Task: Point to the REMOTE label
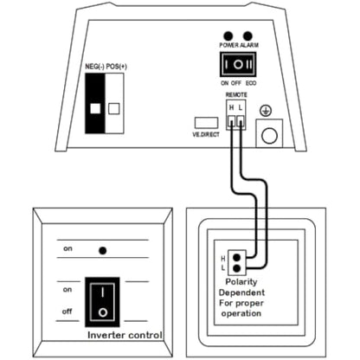(x=235, y=93)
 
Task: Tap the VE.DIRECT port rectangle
(x=204, y=122)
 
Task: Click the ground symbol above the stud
(x=269, y=111)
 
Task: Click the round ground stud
(x=270, y=133)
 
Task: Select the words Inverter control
(x=125, y=335)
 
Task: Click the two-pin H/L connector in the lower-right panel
(x=239, y=263)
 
